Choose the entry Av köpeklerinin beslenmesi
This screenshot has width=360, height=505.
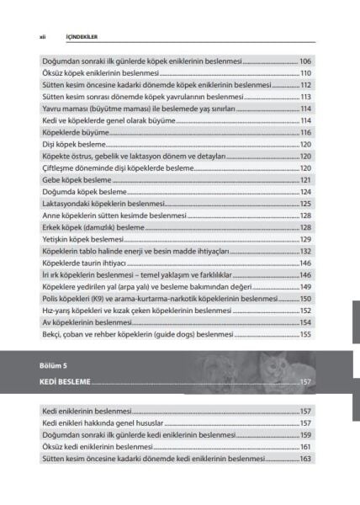pos(87,322)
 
